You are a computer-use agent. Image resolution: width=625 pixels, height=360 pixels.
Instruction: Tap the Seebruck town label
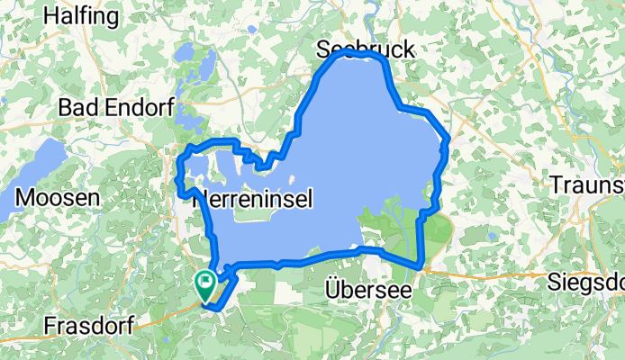click(367, 50)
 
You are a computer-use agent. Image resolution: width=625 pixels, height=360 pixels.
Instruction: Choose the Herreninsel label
click(253, 202)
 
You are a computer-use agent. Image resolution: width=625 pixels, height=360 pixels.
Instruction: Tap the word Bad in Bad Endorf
click(75, 107)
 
